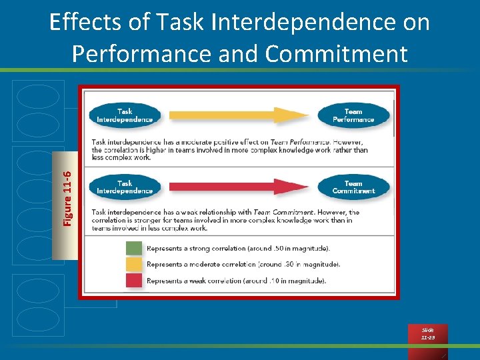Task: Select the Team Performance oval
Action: pos(353,115)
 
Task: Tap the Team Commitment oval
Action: pos(353,187)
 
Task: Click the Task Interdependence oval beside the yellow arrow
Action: pos(125,115)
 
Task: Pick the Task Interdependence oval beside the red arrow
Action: pos(125,187)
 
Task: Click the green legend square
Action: pos(134,249)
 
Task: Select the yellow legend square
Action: pos(134,265)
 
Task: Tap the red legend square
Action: pos(134,281)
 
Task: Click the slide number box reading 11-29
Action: pos(427,334)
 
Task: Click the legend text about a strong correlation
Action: pos(238,249)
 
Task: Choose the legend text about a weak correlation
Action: pos(236,281)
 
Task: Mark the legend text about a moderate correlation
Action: pos(243,265)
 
